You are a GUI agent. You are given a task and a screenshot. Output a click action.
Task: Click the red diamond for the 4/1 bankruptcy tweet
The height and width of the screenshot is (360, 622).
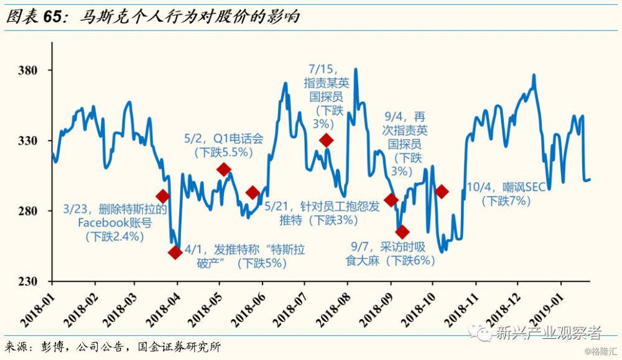tap(175, 252)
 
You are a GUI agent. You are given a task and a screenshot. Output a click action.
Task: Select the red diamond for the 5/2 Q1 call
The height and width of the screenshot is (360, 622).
tap(224, 169)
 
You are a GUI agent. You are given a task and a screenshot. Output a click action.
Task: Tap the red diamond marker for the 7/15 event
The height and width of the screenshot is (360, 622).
tap(326, 140)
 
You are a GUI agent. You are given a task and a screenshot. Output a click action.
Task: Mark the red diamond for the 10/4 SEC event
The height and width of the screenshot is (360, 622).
tap(442, 192)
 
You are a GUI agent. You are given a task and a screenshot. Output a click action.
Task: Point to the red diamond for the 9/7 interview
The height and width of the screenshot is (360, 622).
tap(402, 232)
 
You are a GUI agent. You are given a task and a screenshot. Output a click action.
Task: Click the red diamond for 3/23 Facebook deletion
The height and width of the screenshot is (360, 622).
tap(163, 196)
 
